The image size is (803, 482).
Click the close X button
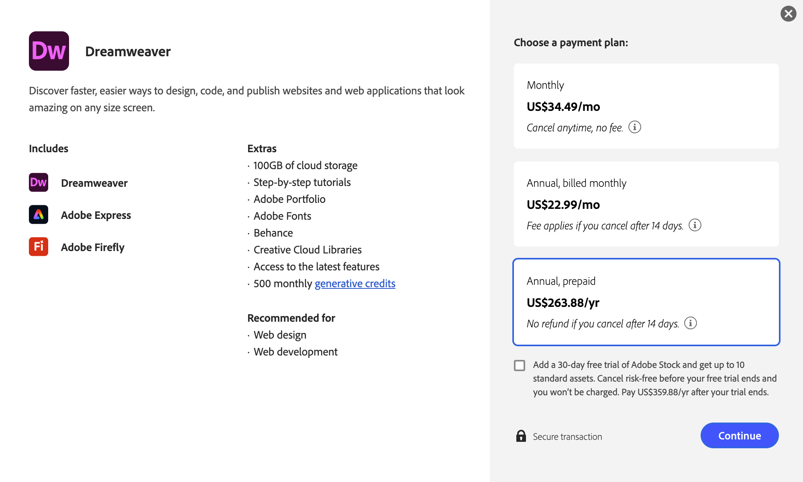pos(788,14)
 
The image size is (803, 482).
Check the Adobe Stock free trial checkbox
pos(520,365)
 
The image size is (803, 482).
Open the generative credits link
pos(355,284)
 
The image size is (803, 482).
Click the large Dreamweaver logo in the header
pos(49,51)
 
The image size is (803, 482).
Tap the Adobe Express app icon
pos(39,214)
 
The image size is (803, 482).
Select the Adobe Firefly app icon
pos(39,247)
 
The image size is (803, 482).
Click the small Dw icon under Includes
pos(39,182)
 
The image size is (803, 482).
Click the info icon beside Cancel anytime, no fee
pos(634,127)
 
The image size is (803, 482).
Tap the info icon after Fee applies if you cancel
pos(695,225)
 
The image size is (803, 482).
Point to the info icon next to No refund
pos(690,323)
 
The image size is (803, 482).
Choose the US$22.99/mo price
pos(563,205)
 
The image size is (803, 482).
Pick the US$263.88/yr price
pos(563,303)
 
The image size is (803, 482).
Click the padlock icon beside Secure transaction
pos(521,436)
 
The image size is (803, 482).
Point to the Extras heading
pos(262,149)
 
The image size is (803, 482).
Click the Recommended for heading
pos(291,318)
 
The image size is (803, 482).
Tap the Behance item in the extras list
pos(273,233)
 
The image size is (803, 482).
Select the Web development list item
pos(296,352)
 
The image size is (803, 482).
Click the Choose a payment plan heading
pos(571,43)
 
